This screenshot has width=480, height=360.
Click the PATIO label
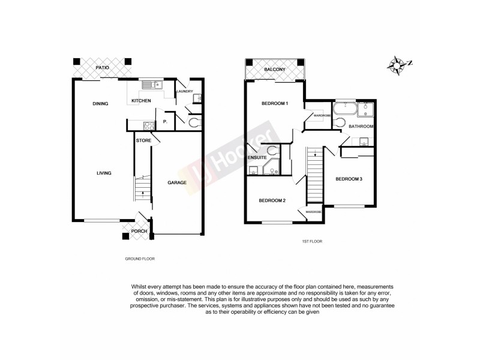101,68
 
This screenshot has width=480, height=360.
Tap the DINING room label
100,104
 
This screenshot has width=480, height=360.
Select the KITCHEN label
142,101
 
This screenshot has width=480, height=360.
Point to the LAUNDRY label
184,91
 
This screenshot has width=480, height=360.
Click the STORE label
143,141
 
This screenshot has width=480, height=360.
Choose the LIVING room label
104,173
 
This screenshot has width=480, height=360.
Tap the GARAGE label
176,182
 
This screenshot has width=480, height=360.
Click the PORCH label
139,231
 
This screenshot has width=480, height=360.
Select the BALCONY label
275,71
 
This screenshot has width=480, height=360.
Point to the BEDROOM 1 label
275,104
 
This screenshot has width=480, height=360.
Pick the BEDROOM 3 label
349,179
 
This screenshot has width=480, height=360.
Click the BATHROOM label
361,127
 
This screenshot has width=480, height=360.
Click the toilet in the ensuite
273,150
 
